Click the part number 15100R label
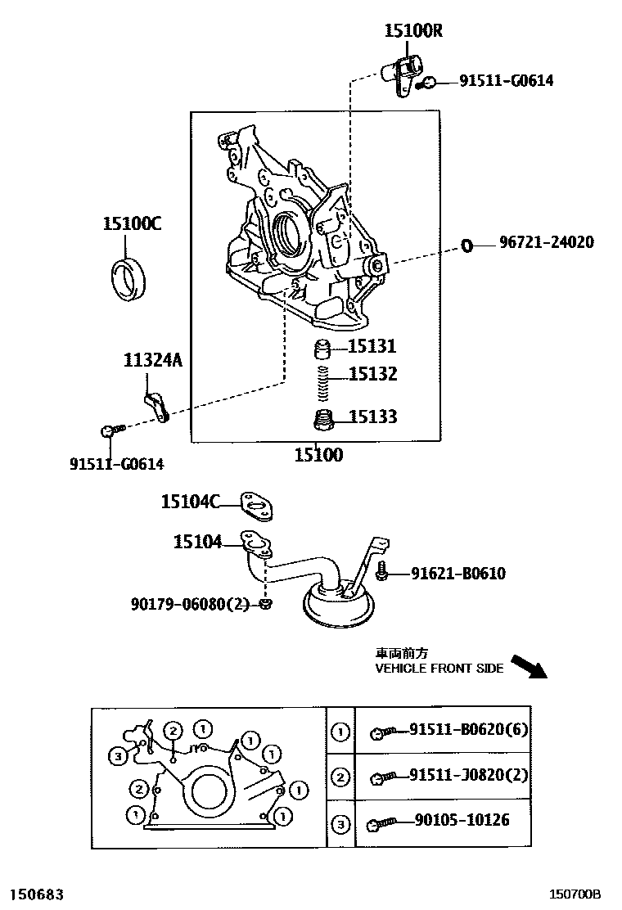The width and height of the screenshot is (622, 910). pyautogui.click(x=413, y=31)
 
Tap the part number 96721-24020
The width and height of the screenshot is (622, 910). pyautogui.click(x=547, y=242)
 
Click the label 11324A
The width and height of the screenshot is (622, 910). pyautogui.click(x=153, y=359)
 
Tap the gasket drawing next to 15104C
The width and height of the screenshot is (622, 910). pyautogui.click(x=256, y=507)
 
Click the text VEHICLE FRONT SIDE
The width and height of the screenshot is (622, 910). pyautogui.click(x=439, y=669)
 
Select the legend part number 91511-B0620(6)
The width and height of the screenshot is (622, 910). pyautogui.click(x=469, y=728)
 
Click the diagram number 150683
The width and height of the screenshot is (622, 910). pyautogui.click(x=36, y=894)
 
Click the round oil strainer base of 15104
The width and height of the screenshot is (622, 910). pyautogui.click(x=338, y=607)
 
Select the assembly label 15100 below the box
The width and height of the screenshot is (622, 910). pyautogui.click(x=318, y=455)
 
